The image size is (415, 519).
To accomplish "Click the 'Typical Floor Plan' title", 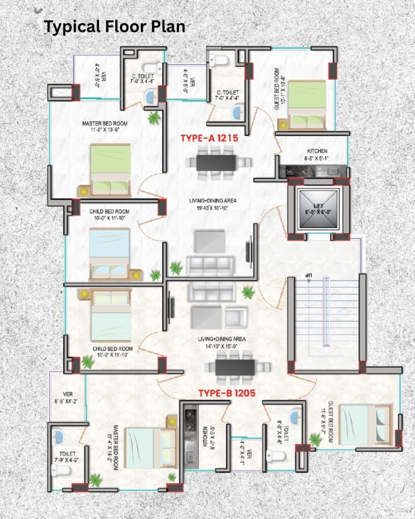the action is click(115, 27).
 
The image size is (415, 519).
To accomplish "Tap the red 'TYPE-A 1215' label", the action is click(209, 138).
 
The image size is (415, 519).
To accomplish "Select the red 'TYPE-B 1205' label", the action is click(227, 393).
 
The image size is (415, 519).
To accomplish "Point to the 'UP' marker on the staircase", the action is click(309, 275).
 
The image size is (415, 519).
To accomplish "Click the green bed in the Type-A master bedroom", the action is click(110, 170).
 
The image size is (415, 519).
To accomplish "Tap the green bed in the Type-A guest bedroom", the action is click(307, 105).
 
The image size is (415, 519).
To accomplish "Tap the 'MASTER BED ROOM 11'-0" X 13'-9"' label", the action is click(104, 126).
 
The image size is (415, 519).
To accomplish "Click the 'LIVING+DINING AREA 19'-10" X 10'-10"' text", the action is click(213, 204).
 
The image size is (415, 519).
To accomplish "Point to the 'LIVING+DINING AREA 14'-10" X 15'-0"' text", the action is click(222, 343).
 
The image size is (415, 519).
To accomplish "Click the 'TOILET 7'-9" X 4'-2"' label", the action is click(67, 457).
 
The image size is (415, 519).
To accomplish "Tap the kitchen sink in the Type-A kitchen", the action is click(327, 171).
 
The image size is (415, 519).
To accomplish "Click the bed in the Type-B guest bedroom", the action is click(365, 425).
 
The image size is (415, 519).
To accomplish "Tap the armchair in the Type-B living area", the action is click(236, 317).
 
